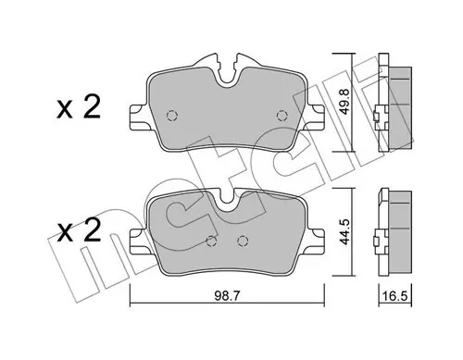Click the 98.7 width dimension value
227,296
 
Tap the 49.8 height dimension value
344,102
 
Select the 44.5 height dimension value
344,231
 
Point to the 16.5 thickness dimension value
395,296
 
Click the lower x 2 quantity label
79,230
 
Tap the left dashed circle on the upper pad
172,116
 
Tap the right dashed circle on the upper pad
282,116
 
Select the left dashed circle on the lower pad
212,241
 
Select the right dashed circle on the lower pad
243,241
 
